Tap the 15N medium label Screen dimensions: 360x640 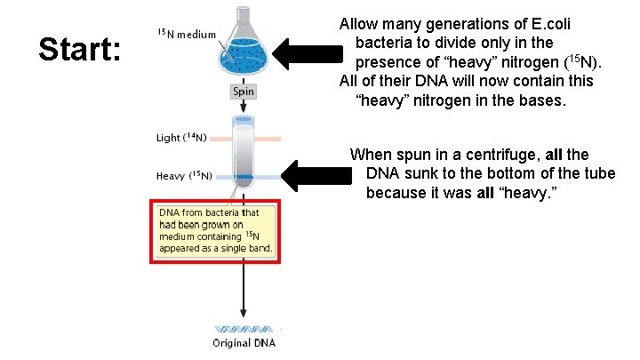186,35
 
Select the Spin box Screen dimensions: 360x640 244,92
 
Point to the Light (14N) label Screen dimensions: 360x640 181,138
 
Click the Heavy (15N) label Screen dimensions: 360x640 183,176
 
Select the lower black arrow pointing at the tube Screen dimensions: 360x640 316,174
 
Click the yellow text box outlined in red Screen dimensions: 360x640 216,230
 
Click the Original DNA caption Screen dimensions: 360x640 244,343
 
